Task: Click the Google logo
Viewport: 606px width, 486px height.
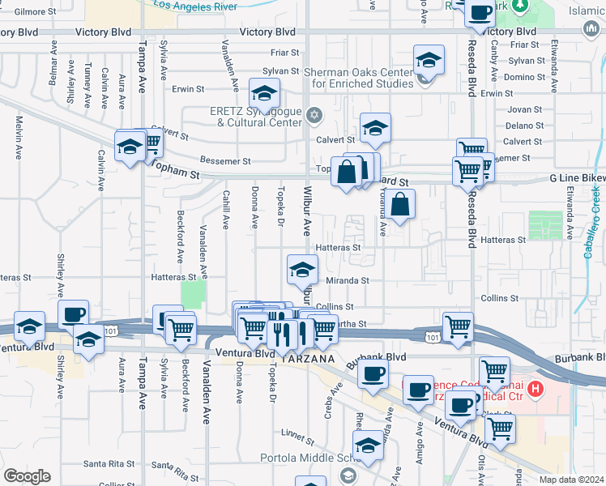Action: coord(27,475)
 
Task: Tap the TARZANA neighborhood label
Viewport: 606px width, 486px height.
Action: coord(309,357)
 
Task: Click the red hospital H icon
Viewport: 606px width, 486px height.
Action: coord(534,390)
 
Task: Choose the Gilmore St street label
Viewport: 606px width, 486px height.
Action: coord(28,11)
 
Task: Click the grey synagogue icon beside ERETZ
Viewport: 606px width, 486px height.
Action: coord(315,114)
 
